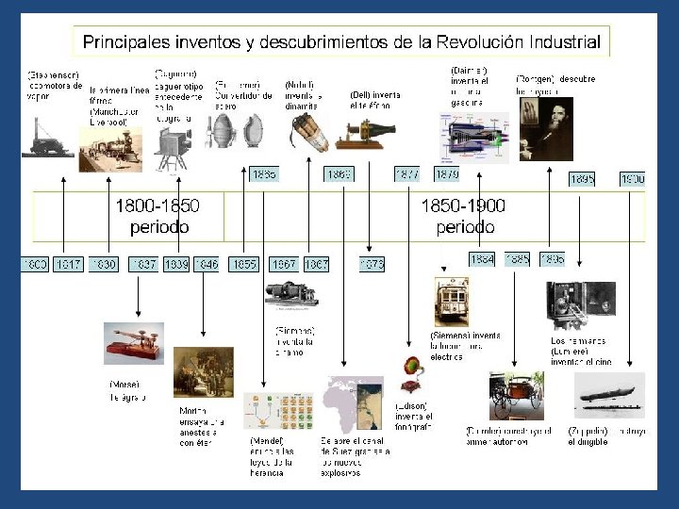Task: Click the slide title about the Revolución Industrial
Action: (x=341, y=41)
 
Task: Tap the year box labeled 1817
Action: (x=68, y=265)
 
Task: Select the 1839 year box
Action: (x=176, y=265)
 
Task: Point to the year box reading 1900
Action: (x=633, y=178)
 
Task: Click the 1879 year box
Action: (x=447, y=174)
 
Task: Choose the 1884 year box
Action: (x=481, y=258)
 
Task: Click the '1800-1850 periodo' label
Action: (x=157, y=216)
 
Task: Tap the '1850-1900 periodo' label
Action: (x=465, y=216)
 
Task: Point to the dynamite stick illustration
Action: (x=308, y=132)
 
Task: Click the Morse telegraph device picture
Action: (x=133, y=343)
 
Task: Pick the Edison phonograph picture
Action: (x=411, y=373)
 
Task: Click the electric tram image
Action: (x=452, y=303)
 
